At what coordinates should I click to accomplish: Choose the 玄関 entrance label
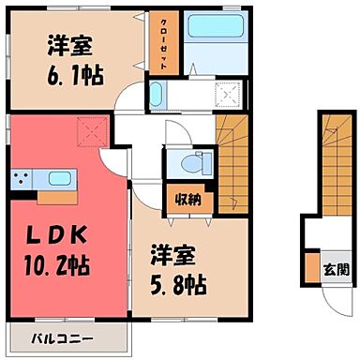(x=335, y=272)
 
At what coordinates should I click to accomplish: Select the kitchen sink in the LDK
(x=58, y=179)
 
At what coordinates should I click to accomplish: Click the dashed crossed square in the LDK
(x=90, y=128)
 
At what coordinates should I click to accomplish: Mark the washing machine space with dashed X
(x=227, y=96)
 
